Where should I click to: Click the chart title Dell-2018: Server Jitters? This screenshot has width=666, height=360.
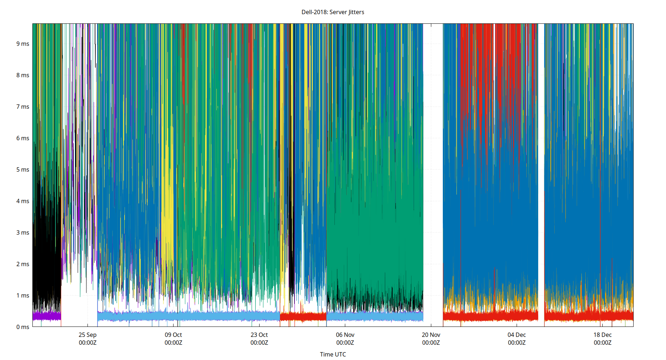click(x=333, y=12)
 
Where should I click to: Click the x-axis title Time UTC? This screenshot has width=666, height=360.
click(x=333, y=354)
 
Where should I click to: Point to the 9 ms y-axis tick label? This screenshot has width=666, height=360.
click(x=23, y=44)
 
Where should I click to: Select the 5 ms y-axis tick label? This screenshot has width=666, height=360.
click(x=23, y=170)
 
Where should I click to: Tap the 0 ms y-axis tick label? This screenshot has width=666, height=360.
click(x=23, y=327)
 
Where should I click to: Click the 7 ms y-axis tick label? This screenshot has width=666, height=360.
click(x=23, y=107)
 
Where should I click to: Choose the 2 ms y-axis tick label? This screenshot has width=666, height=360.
click(x=23, y=264)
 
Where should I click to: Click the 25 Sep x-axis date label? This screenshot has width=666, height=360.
click(x=87, y=335)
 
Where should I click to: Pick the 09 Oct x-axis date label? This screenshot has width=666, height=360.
click(x=173, y=335)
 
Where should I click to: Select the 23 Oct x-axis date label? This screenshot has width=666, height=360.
click(x=259, y=335)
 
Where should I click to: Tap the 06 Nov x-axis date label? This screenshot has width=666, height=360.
click(x=345, y=335)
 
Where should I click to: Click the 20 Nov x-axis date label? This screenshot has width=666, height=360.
click(x=431, y=335)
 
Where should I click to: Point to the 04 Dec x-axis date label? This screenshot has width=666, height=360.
click(x=517, y=335)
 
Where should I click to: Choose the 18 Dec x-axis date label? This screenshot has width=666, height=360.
click(x=602, y=335)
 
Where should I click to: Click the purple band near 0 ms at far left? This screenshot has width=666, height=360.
click(x=47, y=316)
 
